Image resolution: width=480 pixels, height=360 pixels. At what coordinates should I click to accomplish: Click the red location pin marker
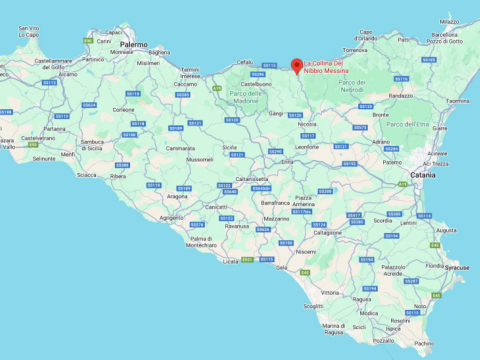pyautogui.click(x=296, y=65)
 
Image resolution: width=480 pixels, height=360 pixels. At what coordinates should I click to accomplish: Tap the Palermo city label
pyautogui.click(x=133, y=45)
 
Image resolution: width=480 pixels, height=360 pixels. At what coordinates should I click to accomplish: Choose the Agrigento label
pyautogui.click(x=171, y=216)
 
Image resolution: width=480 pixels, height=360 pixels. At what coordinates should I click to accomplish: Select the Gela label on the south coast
pyautogui.click(x=283, y=267)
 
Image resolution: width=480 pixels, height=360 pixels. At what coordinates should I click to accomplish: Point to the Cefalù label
pyautogui.click(x=243, y=62)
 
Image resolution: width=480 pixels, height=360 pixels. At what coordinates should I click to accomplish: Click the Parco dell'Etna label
pyautogui.click(x=407, y=123)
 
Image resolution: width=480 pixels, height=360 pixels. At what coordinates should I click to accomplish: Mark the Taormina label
pyautogui.click(x=457, y=100)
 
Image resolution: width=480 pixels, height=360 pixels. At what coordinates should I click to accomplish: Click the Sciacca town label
pyautogui.click(x=87, y=174)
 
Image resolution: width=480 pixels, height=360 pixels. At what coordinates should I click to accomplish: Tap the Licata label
pyautogui.click(x=231, y=261)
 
